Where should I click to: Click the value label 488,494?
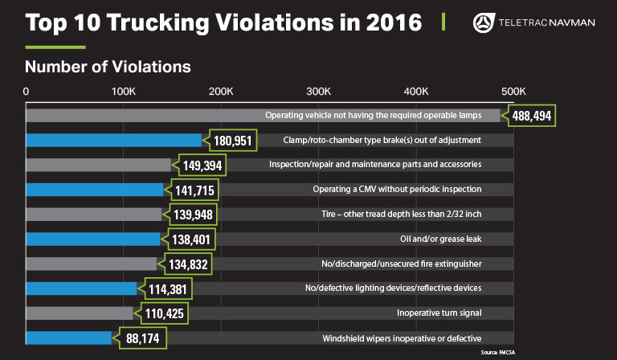[x=533, y=116]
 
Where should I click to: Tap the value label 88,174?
[x=142, y=338]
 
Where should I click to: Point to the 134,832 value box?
[x=186, y=264]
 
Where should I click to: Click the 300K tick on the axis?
[x=319, y=91]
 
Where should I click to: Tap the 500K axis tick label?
[x=513, y=91]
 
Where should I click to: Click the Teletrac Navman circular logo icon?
[x=486, y=22]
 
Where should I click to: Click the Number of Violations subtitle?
[x=108, y=64]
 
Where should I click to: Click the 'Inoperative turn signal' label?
[x=439, y=313]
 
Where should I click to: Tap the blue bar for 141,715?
[x=94, y=190]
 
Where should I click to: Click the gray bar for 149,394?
[x=98, y=165]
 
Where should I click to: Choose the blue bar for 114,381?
[x=81, y=288]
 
